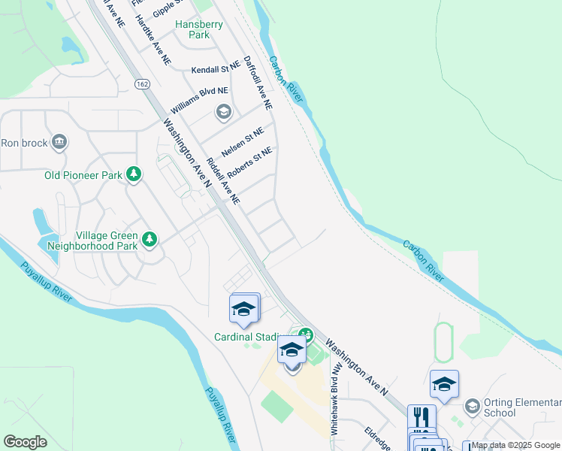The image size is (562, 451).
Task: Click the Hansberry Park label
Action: tap(199, 29)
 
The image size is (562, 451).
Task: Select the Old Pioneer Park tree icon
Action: tap(134, 174)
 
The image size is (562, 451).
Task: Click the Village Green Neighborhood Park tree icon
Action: tap(150, 239)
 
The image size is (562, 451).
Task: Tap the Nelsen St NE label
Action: tap(243, 141)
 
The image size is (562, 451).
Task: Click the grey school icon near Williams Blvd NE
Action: tap(223, 113)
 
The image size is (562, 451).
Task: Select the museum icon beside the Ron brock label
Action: tap(59, 141)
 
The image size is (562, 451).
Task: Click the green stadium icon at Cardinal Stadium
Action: tap(305, 334)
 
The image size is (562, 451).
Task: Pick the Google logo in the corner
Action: tap(25, 442)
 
